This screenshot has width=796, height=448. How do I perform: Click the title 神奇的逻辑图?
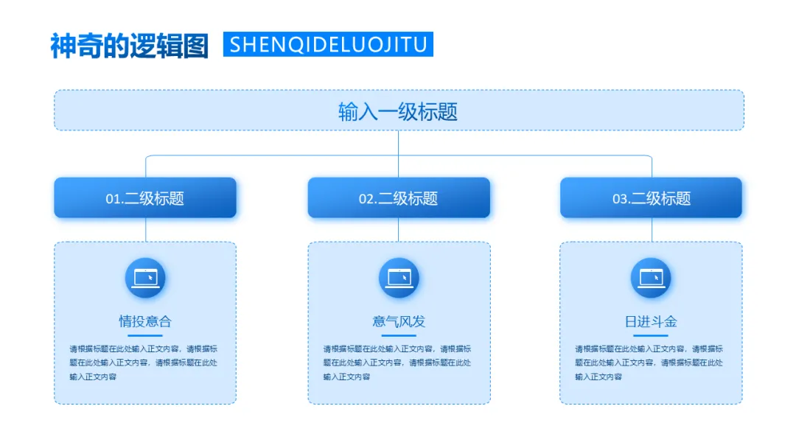(x=130, y=45)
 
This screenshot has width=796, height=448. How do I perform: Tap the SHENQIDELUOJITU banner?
(x=328, y=44)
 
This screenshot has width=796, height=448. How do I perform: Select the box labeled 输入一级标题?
(x=399, y=111)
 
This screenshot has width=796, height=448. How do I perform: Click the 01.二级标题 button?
(x=145, y=197)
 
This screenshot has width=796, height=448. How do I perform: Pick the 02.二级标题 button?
(x=399, y=197)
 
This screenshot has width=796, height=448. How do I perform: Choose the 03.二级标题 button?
(x=652, y=197)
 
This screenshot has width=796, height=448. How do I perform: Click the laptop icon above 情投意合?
(x=145, y=278)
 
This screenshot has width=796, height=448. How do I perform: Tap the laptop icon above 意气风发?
(x=399, y=278)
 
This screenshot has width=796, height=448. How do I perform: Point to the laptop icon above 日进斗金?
(x=651, y=278)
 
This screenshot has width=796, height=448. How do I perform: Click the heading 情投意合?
(x=145, y=321)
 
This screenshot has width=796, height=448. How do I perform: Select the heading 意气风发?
(x=399, y=321)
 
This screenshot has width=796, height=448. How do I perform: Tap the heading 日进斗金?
(x=651, y=321)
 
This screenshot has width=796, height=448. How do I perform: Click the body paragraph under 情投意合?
(x=144, y=363)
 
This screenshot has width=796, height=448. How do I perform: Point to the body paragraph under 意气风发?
(x=397, y=363)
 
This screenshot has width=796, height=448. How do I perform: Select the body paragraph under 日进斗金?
(x=649, y=363)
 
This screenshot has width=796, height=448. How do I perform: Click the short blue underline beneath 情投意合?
(x=145, y=336)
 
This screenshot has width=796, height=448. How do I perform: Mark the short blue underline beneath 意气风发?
(x=399, y=336)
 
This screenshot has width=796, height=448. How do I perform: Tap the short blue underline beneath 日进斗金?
(x=651, y=336)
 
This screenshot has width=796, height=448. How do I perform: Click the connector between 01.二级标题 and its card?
(x=145, y=230)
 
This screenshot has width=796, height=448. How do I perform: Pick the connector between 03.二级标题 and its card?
(x=652, y=230)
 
